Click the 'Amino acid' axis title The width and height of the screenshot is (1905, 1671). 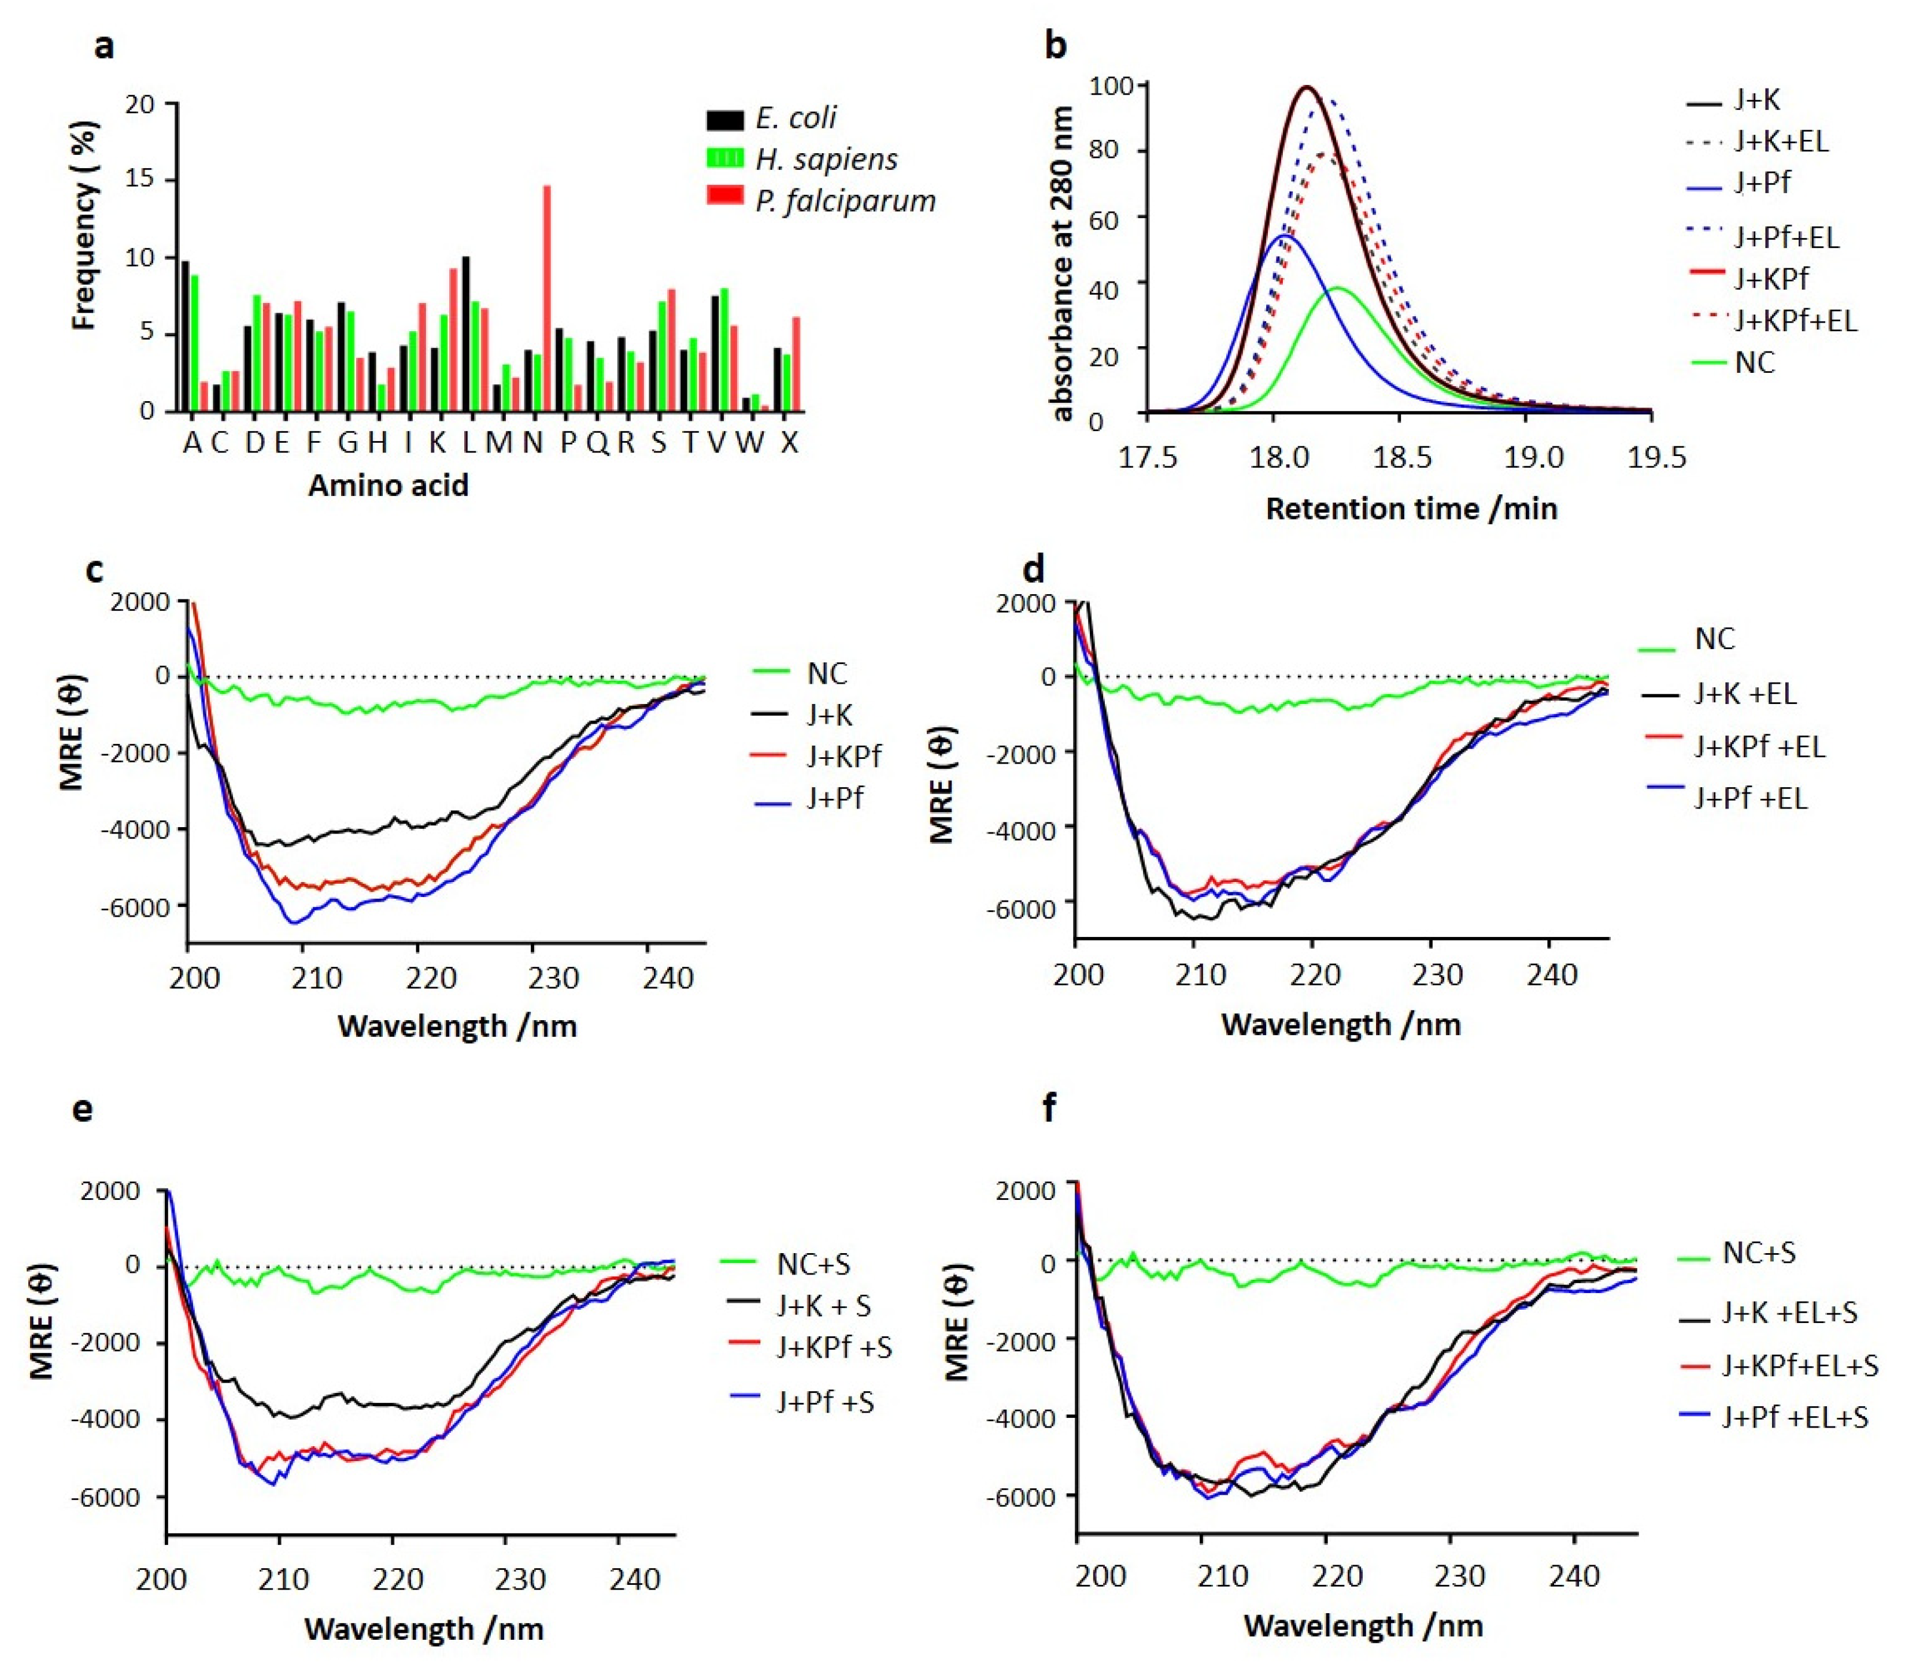(388, 486)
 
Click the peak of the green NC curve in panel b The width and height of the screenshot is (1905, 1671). (1339, 289)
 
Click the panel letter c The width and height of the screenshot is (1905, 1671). (94, 569)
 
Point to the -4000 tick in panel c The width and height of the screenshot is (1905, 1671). (140, 828)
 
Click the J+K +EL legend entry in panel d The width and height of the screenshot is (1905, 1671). (1744, 694)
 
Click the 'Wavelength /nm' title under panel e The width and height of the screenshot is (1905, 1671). (424, 1628)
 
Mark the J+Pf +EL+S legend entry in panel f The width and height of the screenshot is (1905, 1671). (1794, 1417)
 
